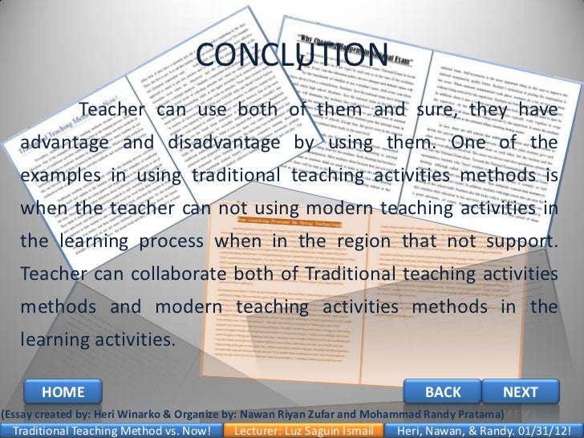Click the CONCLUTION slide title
pos(292,55)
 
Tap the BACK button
pos(443,391)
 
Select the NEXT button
pos(520,391)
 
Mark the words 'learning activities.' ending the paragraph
pos(97,340)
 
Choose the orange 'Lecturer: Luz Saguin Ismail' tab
pos(309,431)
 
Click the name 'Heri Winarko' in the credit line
pos(132,414)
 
